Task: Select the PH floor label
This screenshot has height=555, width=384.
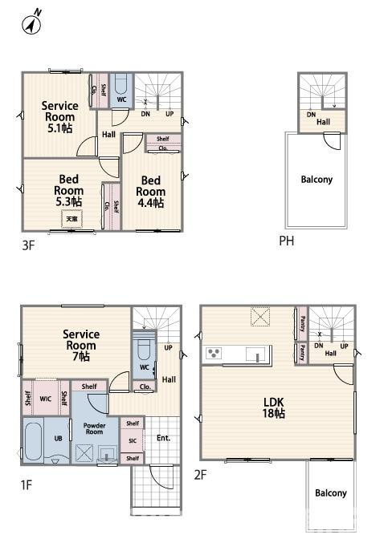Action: [286, 241]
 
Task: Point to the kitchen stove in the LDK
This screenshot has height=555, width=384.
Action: [214, 354]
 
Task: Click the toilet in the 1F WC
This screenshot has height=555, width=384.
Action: [144, 350]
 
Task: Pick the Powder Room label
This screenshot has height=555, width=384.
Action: [95, 430]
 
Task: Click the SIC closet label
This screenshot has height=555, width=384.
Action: [133, 440]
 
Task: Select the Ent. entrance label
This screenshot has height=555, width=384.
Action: [163, 438]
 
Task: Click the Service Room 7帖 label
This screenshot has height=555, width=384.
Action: [80, 345]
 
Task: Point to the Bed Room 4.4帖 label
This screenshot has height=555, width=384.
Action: [150, 192]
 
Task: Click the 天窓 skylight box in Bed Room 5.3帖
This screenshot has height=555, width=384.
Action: [72, 218]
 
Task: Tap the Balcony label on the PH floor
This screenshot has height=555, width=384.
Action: [317, 180]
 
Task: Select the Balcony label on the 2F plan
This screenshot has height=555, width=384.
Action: [330, 493]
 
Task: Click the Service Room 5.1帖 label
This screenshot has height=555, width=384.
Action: [59, 115]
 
